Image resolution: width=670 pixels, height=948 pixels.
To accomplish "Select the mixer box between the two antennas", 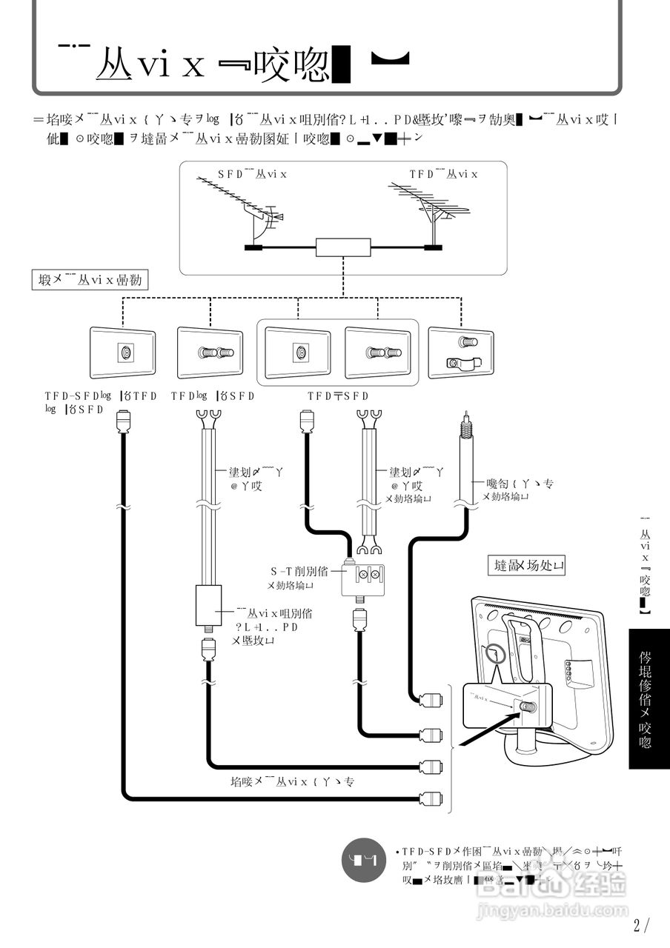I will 342,247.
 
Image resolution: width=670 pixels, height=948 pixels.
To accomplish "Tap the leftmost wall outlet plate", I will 122,354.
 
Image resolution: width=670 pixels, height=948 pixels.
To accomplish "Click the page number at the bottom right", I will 641,924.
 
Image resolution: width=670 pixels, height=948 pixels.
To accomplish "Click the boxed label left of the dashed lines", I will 90,280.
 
